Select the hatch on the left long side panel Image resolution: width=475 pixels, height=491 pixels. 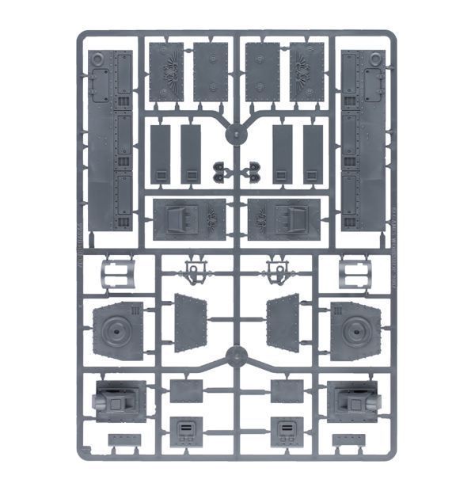[100, 80]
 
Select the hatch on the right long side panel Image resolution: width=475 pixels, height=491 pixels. [371, 80]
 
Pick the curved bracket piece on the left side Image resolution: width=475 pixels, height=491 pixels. [117, 274]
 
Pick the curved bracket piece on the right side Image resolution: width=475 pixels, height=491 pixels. [355, 274]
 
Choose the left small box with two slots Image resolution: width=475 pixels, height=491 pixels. [187, 432]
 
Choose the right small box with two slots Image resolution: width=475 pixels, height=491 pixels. [286, 432]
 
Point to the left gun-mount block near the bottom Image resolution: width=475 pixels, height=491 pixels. [120, 399]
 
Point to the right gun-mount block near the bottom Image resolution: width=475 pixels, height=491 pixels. [353, 399]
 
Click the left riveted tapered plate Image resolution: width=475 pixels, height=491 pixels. [190, 323]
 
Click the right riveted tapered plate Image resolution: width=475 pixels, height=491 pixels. [283, 323]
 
